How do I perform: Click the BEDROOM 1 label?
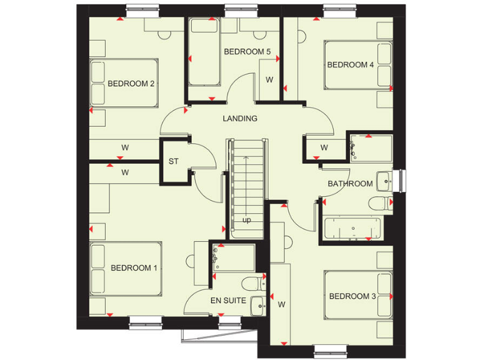[134, 268]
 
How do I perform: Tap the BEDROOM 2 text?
[131, 84]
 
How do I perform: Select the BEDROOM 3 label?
[352, 296]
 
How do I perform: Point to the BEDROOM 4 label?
[351, 65]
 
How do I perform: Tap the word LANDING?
[240, 118]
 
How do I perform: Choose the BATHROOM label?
[350, 184]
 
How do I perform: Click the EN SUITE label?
[227, 301]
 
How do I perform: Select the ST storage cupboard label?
[173, 161]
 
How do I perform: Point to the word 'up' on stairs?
[247, 221]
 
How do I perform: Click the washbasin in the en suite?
[257, 306]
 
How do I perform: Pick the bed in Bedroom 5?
[204, 52]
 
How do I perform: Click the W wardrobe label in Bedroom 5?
[269, 80]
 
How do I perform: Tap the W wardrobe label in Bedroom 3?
[281, 304]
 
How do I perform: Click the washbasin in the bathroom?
[385, 182]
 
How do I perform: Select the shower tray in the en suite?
[234, 257]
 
